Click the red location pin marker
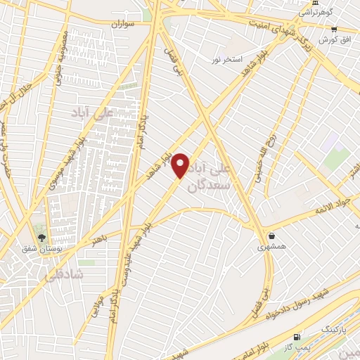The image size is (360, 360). (181, 166)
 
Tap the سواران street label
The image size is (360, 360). (121, 24)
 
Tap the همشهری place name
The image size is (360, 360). (271, 247)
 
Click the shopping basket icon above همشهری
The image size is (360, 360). (271, 236)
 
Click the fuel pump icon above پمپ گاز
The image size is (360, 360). (298, 337)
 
